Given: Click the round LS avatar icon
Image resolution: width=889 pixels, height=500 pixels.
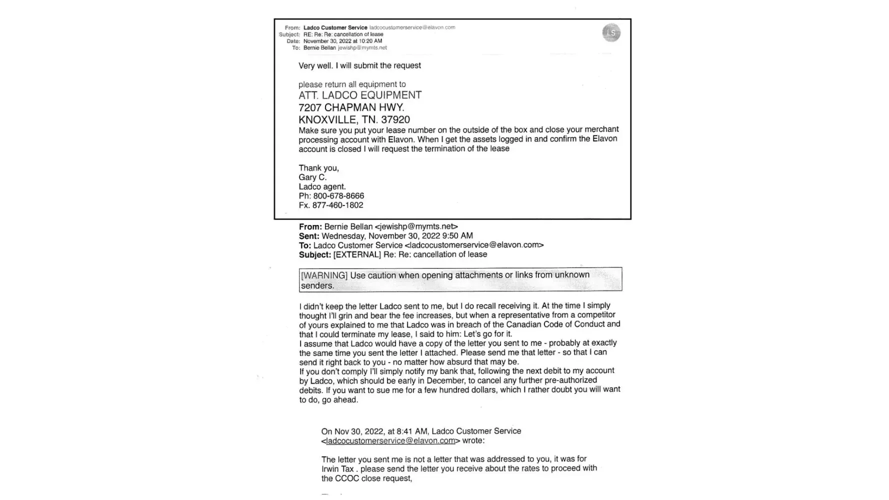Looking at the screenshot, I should point(611,33).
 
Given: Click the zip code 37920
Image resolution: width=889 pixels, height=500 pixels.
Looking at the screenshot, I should point(395,120).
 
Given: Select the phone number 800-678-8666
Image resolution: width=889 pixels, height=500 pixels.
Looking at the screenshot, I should point(338,196).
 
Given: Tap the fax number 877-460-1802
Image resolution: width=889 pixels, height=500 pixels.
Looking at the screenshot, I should point(337,205).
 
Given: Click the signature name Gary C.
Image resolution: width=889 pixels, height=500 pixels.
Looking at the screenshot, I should point(312,177).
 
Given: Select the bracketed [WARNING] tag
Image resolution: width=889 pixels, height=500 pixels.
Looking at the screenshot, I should point(324,275).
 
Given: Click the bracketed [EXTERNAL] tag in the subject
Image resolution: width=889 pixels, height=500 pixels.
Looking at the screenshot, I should point(357,254).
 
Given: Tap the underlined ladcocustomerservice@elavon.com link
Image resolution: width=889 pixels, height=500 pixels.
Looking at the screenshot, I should point(390,441).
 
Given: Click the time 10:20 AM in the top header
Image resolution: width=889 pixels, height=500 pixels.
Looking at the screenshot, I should point(370,41).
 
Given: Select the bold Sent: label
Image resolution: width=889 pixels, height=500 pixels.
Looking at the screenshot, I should point(309,236).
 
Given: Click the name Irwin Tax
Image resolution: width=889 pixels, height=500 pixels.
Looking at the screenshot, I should point(337,469).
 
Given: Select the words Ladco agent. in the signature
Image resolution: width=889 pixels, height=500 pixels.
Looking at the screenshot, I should point(322,186).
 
